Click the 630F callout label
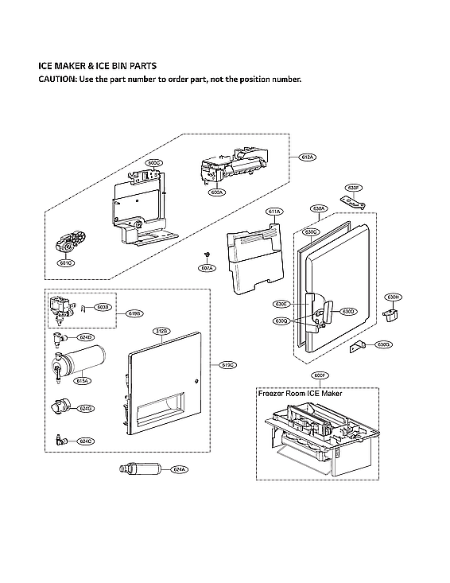[355, 188]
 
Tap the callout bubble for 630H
[392, 297]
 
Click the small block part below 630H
[390, 316]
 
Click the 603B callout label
[103, 306]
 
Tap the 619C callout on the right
[227, 365]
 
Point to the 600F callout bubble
[320, 375]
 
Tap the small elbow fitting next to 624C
[60, 439]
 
